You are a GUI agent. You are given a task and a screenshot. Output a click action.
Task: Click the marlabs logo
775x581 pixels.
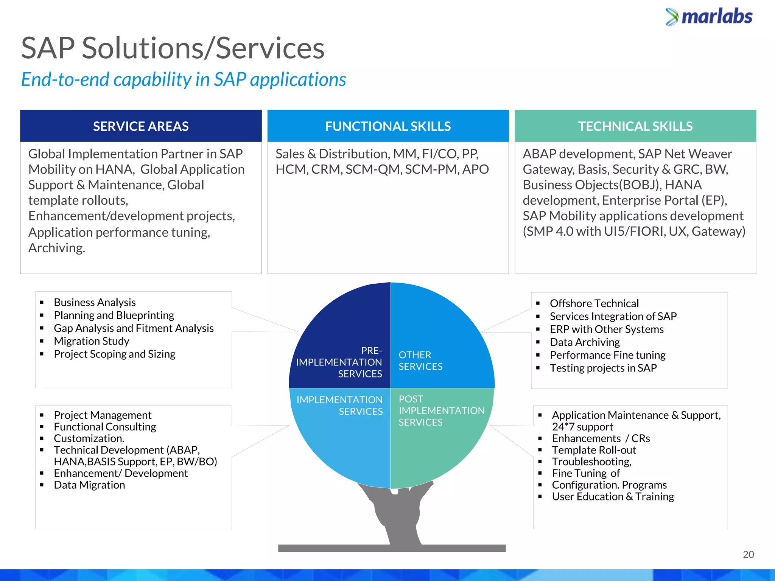[709, 17]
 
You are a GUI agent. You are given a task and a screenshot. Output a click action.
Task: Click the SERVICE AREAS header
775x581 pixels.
[141, 126]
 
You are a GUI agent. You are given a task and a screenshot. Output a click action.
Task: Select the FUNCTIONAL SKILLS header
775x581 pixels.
[388, 126]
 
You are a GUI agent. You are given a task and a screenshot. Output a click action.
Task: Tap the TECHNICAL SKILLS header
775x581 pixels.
[635, 126]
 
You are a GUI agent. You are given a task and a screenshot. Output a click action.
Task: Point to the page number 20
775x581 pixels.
[748, 554]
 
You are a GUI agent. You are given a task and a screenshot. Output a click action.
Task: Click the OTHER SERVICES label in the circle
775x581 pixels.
[420, 360]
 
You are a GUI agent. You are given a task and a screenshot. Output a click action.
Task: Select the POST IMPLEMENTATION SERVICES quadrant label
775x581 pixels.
[441, 410]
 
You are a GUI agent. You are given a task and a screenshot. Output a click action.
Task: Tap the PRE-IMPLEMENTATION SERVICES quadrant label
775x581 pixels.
[339, 362]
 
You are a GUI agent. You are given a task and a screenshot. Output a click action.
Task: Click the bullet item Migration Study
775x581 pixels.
[92, 341]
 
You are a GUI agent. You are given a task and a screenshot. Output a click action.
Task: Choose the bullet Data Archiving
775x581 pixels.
[585, 342]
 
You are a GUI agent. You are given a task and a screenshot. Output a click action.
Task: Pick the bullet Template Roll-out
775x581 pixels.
[594, 450]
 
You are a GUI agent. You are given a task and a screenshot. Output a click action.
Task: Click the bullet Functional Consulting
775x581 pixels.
[105, 427]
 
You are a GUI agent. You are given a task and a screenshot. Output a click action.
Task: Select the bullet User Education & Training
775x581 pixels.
[613, 497]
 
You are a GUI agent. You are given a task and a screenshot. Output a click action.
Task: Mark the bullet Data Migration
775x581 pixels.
[89, 485]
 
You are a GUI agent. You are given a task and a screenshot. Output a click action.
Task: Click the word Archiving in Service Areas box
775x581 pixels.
[56, 248]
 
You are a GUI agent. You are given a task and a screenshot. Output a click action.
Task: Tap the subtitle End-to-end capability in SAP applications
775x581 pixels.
[184, 79]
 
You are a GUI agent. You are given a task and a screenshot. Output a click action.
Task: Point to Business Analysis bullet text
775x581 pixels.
[95, 303]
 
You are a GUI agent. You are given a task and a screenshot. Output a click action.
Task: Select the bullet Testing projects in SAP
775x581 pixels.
[603, 368]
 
